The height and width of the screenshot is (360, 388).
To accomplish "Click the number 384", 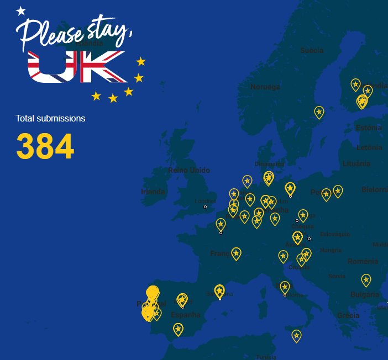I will pos(45,146).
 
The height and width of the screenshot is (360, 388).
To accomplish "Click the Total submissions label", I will pos(50,118).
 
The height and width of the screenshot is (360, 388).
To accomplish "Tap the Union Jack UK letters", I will pos(77,67).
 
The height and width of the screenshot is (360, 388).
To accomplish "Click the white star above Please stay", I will pos(21,10).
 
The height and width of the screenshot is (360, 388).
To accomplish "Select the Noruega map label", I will pos(265,87).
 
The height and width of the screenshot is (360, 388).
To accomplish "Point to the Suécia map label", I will pos(312,50).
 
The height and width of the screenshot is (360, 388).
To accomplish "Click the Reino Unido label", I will pos(189,170).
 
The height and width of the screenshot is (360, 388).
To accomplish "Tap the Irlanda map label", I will pos(153,192).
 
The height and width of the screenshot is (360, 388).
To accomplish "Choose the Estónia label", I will pos(369,128).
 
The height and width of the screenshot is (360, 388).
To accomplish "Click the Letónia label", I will pos(369,148).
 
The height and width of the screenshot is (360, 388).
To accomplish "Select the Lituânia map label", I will pos(356,163).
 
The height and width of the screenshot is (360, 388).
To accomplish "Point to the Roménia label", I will pos(363,261).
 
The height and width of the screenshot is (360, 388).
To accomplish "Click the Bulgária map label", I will pos(365,295).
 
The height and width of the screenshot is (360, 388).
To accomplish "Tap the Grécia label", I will pos(348,316).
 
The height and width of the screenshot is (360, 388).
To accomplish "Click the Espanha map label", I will pos(186,315).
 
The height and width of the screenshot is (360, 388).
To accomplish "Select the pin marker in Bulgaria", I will pos(366,279).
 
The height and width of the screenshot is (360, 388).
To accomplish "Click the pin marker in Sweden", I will pos(319,112).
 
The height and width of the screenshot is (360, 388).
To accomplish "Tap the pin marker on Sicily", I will pos(297,335).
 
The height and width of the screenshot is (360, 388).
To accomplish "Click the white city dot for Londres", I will pos(205,207).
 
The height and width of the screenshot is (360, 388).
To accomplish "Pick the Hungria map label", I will pos(331,250).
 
